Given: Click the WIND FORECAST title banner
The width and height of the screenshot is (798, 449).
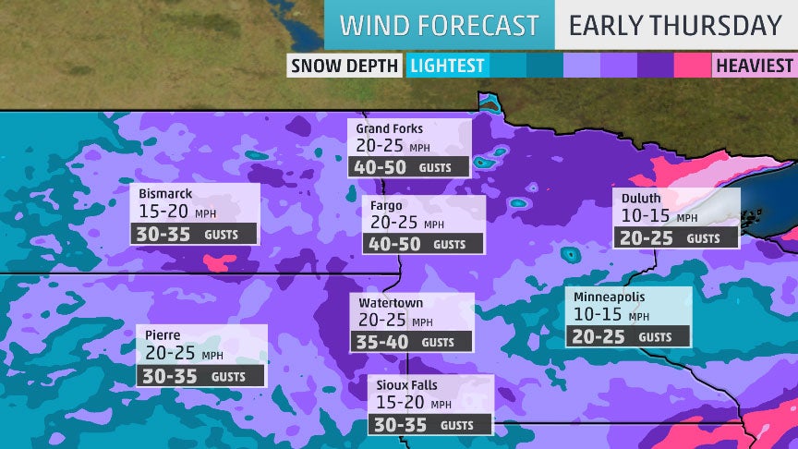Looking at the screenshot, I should [439, 25].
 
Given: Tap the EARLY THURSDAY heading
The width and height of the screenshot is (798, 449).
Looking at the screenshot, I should [675, 25].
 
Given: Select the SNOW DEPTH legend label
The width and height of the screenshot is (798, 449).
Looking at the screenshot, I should [345, 66].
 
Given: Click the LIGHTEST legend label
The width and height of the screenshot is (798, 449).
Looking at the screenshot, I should [448, 66].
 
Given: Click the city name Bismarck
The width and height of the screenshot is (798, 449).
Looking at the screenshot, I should [167, 194].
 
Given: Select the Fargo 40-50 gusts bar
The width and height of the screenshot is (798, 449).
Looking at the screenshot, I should [423, 244].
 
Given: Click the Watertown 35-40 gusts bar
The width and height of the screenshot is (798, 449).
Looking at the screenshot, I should [412, 342].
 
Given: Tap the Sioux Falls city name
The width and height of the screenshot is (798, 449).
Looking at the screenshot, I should [409, 384].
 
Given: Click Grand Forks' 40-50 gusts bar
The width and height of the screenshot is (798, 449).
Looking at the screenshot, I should [410, 168].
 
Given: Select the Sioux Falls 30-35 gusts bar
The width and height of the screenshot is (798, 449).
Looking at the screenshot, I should [431, 425].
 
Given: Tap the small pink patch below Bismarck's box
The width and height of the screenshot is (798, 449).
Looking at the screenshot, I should [218, 263].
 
